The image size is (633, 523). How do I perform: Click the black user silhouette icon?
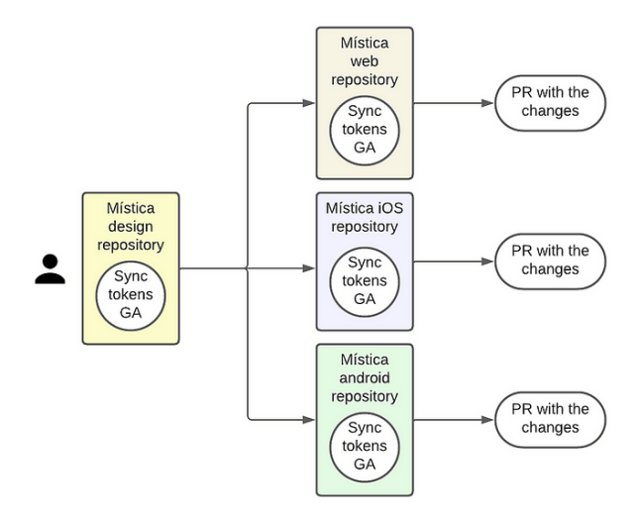[50, 268]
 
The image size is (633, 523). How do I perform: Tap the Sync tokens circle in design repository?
[131, 295]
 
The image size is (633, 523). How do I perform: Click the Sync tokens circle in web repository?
[365, 130]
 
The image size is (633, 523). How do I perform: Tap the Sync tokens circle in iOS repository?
[365, 280]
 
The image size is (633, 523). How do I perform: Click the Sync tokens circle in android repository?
[365, 446]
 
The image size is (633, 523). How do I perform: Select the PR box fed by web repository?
[550, 102]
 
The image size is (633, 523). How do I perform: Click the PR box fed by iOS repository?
[550, 261]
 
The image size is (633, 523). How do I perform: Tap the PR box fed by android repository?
[550, 419]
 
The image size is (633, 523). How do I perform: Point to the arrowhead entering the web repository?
[308, 103]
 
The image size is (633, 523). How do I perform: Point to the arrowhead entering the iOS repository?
[308, 267]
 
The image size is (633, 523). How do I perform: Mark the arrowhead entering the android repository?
[308, 420]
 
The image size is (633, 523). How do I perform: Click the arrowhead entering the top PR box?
[486, 103]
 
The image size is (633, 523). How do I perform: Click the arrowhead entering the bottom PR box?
[486, 420]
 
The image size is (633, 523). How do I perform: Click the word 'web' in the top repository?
[365, 61]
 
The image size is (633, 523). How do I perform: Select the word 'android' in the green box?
[365, 378]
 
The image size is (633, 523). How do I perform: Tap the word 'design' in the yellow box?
[131, 226]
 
